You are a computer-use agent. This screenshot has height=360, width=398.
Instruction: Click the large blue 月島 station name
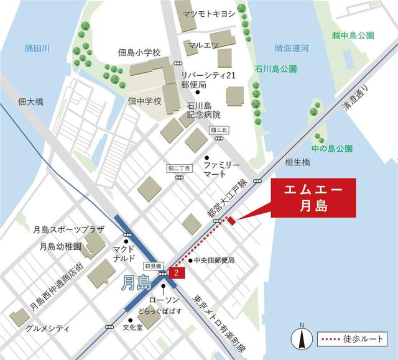point(136,284)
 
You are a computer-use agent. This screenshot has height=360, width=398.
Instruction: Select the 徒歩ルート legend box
point(352,339)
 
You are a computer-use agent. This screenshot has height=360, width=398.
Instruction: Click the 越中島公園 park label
point(353,35)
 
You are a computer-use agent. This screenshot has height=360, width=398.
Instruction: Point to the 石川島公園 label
point(275,68)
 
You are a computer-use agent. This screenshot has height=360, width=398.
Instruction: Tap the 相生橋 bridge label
point(297,162)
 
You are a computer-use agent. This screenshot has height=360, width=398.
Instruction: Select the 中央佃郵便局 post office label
point(214,260)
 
